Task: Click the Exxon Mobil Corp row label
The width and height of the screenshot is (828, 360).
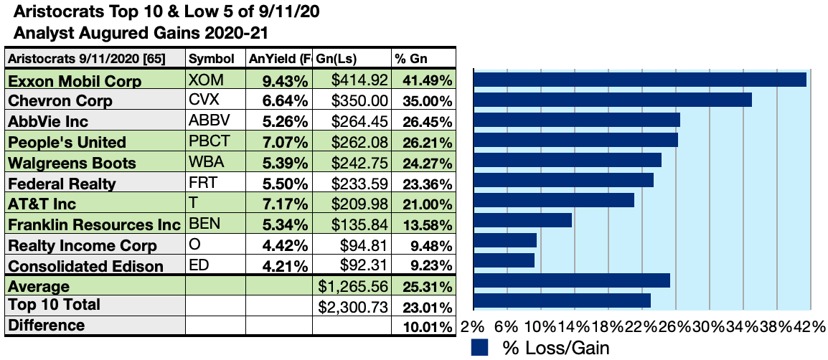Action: click(75, 81)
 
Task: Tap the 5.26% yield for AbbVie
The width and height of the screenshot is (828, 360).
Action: click(286, 122)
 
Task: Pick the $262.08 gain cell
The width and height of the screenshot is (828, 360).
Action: click(360, 143)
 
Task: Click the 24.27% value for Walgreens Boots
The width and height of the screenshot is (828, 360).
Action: click(427, 163)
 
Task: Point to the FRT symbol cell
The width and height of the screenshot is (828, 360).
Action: click(201, 183)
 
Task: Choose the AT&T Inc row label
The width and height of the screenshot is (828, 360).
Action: click(42, 204)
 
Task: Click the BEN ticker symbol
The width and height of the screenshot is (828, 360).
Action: click(202, 224)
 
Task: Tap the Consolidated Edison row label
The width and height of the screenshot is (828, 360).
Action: click(85, 266)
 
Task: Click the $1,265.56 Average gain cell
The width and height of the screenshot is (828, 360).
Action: click(354, 287)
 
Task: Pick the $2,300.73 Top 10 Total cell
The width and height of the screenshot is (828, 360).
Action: click(354, 307)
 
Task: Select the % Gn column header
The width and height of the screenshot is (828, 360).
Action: click(408, 59)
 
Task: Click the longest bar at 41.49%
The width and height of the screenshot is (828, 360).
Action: click(640, 79)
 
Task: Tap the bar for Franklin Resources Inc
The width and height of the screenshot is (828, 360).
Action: click(523, 220)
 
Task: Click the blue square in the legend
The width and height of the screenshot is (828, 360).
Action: click(479, 348)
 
